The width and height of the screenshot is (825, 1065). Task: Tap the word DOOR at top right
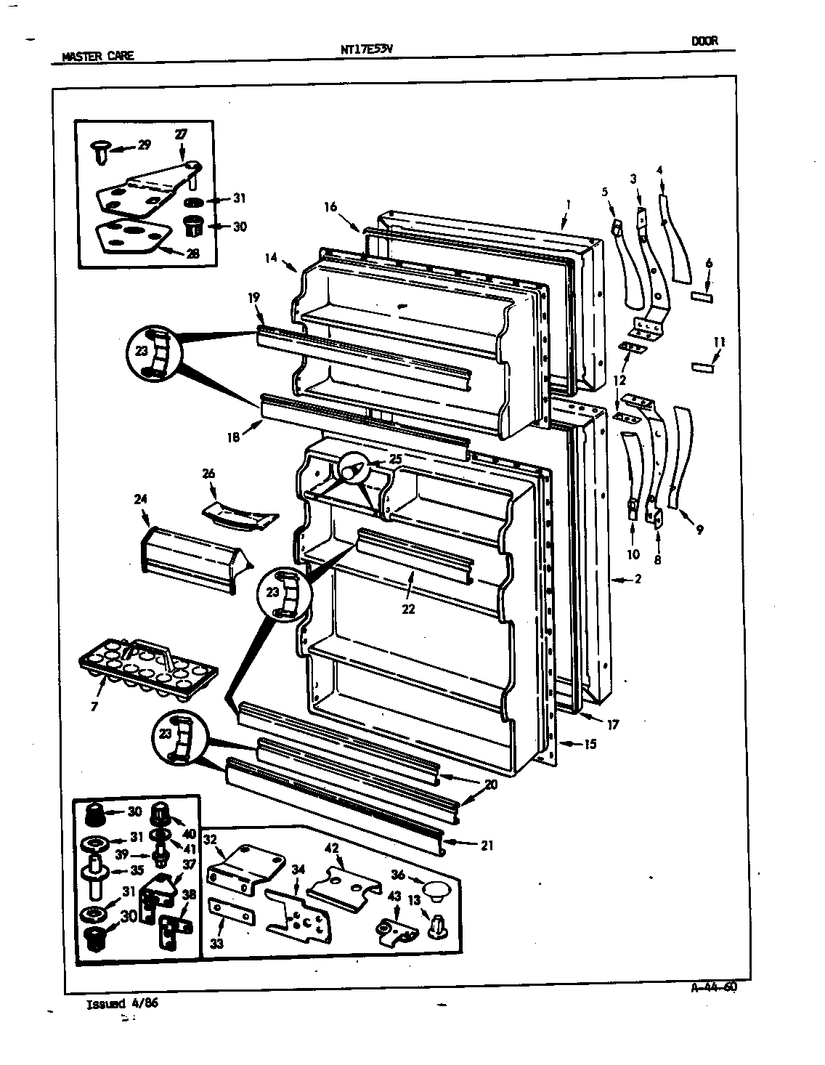[x=704, y=41]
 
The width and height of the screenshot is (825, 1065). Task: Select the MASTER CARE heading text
[x=98, y=56]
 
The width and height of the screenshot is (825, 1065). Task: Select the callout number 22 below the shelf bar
[x=408, y=610]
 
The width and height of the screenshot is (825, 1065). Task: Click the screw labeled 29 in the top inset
[x=100, y=151]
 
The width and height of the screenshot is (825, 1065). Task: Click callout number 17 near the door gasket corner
[x=614, y=724]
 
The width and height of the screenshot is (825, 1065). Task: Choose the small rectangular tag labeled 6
[x=702, y=297]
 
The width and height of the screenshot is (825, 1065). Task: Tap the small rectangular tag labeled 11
[x=703, y=368]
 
